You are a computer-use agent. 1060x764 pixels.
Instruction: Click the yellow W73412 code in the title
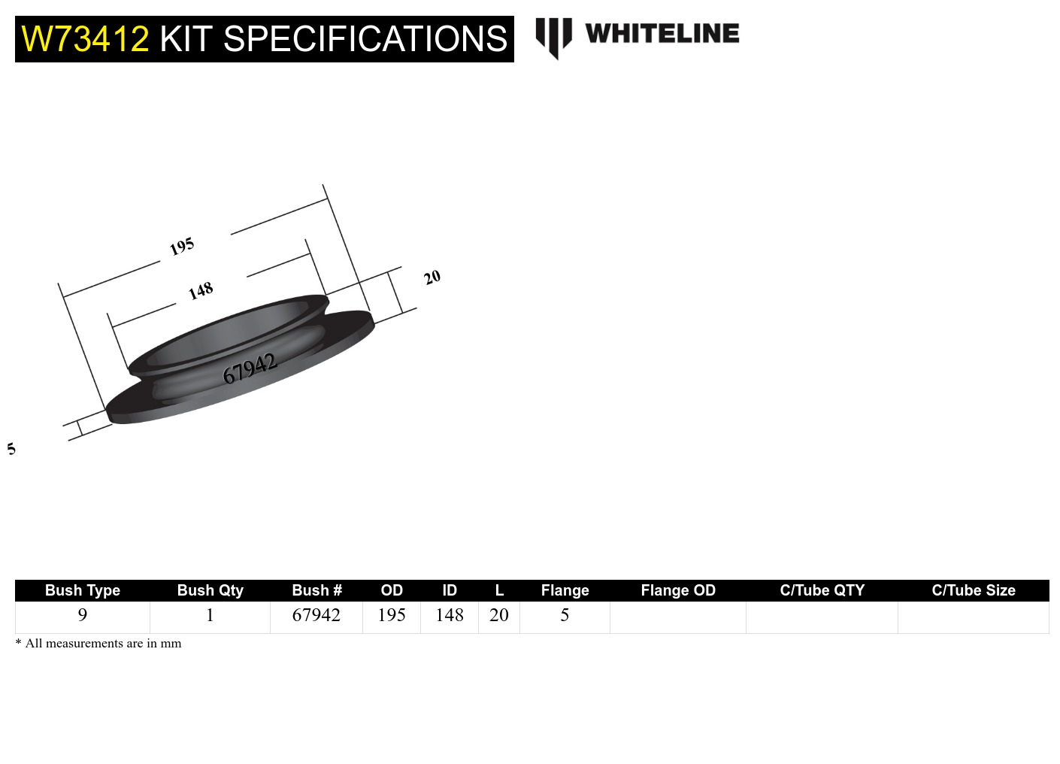[85, 39]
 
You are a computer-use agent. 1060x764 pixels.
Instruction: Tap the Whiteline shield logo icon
[553, 37]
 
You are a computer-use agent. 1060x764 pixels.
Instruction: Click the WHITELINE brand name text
[662, 33]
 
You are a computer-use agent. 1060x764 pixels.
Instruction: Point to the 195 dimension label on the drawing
[182, 246]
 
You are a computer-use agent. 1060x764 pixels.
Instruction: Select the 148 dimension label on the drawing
[201, 290]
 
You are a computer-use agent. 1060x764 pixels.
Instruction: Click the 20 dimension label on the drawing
[432, 277]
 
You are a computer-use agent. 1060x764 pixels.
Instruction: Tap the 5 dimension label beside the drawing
[11, 449]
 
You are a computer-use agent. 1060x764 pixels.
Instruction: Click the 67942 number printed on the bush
[250, 368]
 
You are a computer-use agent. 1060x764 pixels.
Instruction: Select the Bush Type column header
[83, 590]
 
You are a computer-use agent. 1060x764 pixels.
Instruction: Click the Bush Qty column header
[210, 590]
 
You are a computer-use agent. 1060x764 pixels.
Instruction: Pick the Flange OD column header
[677, 590]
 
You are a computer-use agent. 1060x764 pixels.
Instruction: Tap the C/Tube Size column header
[973, 590]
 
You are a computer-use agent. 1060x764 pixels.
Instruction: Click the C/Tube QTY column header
[822, 590]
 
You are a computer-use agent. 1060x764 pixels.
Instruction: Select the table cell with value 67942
[316, 615]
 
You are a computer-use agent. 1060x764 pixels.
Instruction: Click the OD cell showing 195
[392, 615]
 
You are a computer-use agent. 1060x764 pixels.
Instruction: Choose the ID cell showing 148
[450, 615]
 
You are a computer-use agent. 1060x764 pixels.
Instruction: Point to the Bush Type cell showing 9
[83, 615]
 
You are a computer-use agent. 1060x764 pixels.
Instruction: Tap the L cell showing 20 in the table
[499, 615]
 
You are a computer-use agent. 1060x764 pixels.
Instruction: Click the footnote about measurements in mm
[98, 644]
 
